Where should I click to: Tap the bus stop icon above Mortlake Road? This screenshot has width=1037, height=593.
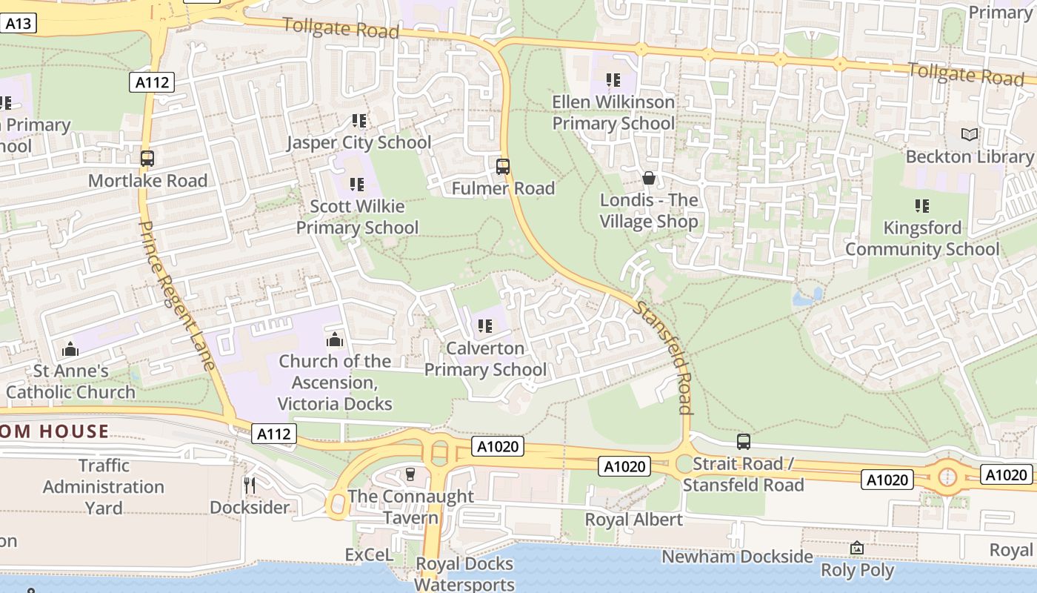147,158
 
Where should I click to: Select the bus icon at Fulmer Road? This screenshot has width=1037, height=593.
503,166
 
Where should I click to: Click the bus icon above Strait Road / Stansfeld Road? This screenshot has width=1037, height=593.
744,442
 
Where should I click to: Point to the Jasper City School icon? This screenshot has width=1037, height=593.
359,120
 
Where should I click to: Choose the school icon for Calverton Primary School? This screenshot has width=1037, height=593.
485,326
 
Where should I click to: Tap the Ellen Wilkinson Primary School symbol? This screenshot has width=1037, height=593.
613,79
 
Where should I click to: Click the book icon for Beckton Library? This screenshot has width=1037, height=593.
969,134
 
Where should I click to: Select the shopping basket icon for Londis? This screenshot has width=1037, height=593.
649,178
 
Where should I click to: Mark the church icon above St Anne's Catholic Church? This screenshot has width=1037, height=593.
70,348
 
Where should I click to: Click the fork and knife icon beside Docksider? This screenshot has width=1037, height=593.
250,486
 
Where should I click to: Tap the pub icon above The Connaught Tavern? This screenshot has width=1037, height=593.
410,474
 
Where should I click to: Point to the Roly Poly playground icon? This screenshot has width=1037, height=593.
857,549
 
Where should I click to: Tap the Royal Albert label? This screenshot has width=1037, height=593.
634,520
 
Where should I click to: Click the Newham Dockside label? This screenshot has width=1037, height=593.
737,557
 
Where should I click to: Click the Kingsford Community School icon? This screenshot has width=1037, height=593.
921,205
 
